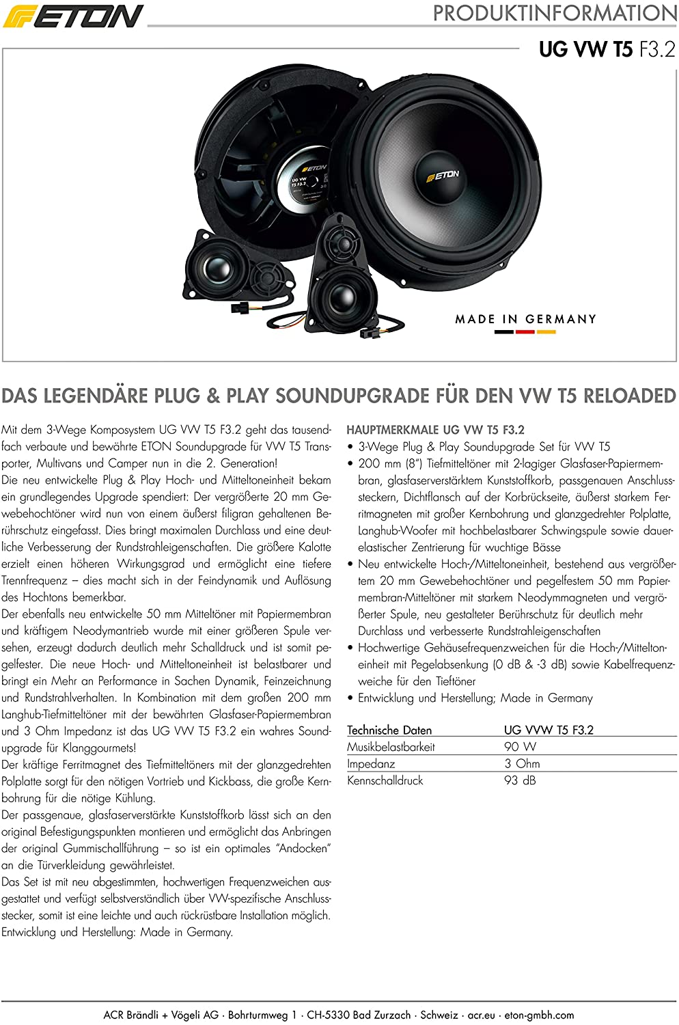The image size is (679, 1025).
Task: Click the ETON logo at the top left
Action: (73, 16)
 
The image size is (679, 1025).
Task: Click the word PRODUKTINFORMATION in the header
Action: (555, 13)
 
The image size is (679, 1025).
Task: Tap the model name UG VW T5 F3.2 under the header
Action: (607, 49)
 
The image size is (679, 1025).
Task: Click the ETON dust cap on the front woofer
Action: (443, 175)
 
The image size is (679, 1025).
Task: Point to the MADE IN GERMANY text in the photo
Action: (526, 319)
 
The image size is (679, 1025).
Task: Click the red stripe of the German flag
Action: (525, 332)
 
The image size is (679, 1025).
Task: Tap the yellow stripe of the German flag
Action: (546, 332)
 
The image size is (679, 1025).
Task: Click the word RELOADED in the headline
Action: (628, 396)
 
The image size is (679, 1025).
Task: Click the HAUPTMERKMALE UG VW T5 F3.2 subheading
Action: (435, 430)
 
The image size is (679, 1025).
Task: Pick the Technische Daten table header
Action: (389, 730)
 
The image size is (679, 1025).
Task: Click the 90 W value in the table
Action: (520, 747)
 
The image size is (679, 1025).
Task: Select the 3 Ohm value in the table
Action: (522, 763)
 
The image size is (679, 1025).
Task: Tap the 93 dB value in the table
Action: (520, 780)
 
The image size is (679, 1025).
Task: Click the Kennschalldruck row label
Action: (385, 780)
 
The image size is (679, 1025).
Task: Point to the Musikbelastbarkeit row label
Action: (391, 747)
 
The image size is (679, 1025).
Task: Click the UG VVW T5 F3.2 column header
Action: (549, 730)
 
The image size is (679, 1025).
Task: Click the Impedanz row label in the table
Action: (371, 763)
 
